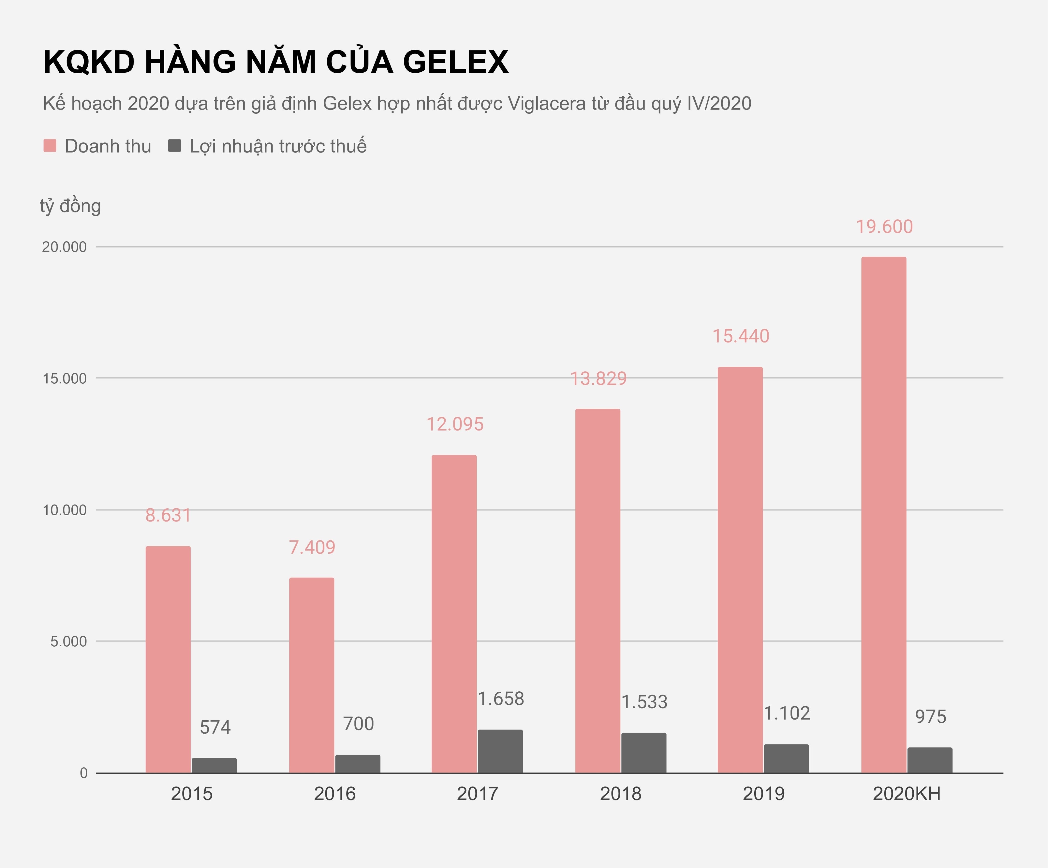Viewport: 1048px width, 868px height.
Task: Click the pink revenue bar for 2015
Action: [168, 659]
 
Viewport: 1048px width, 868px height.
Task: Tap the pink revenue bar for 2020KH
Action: [883, 514]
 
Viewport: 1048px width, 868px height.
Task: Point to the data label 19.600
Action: [884, 227]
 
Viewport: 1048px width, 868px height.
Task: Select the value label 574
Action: [215, 727]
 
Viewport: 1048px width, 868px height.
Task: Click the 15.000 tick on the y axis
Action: [64, 378]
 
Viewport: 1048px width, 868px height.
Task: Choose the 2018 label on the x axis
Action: [620, 794]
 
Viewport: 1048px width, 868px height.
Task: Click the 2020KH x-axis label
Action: [906, 794]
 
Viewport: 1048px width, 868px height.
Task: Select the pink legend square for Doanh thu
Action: [50, 146]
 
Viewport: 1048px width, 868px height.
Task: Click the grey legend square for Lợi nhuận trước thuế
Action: [174, 146]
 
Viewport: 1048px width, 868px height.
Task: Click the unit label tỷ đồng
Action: [70, 206]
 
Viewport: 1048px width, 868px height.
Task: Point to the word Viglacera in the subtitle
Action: [547, 103]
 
